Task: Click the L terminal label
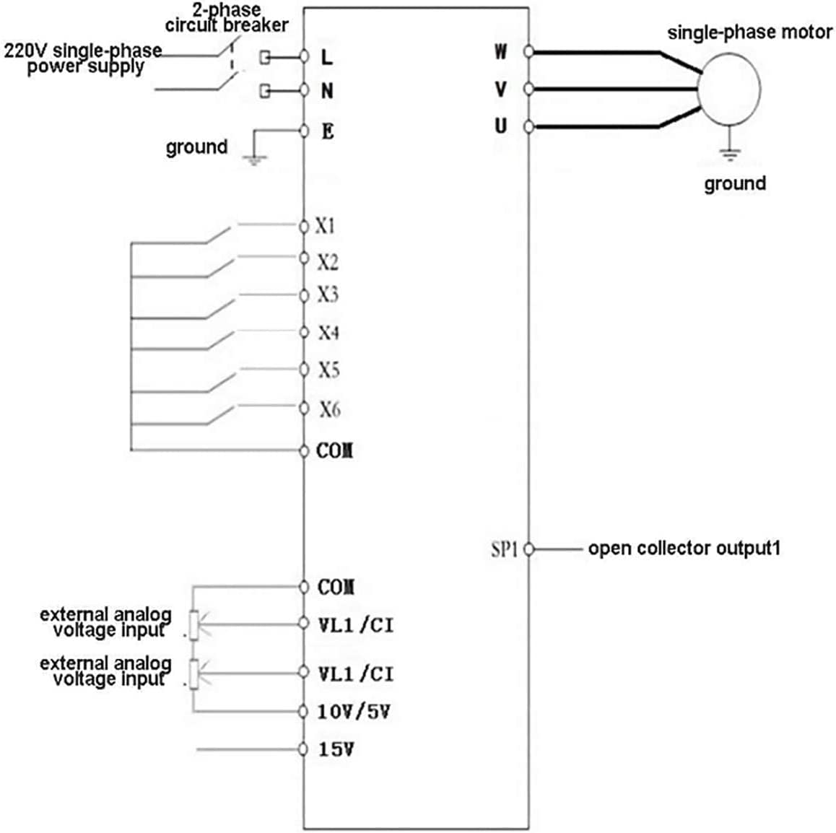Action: click(327, 56)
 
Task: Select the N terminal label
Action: click(327, 91)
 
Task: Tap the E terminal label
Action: click(328, 131)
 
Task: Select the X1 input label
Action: click(326, 226)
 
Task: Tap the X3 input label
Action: click(328, 295)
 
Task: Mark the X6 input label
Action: click(329, 409)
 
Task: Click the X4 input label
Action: click(328, 333)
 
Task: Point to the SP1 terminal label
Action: click(505, 549)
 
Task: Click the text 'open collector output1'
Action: click(684, 549)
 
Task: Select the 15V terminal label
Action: click(336, 749)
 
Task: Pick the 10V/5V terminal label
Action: click(354, 712)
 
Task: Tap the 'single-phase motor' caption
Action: click(749, 32)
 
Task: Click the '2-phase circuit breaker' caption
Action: click(226, 18)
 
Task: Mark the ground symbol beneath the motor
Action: click(730, 153)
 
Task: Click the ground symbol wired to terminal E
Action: click(253, 160)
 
